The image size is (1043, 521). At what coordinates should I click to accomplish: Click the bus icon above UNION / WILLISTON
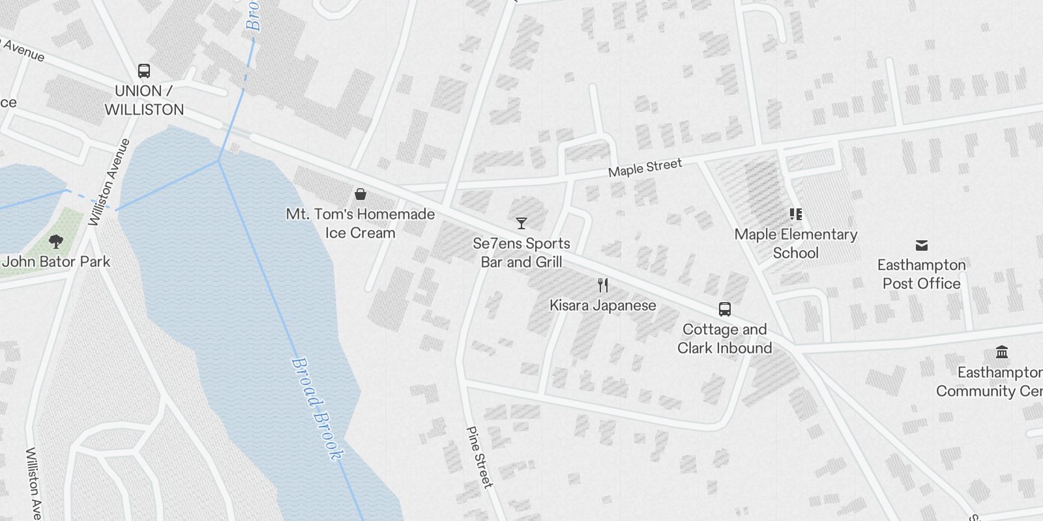point(144,71)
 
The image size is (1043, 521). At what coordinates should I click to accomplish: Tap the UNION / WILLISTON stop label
point(144,100)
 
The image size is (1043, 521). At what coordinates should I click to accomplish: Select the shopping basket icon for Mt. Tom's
point(360,194)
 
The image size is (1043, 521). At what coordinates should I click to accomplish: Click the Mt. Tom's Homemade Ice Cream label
point(360,223)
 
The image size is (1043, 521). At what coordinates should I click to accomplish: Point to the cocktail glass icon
point(521,223)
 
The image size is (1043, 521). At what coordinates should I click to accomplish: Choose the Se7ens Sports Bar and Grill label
point(521,253)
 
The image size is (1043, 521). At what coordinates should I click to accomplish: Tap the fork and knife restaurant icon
point(603,285)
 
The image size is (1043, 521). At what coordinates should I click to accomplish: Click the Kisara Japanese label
point(603,305)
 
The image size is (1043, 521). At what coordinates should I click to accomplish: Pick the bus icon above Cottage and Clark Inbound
point(724,309)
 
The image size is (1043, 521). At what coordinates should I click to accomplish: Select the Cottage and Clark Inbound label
point(724,339)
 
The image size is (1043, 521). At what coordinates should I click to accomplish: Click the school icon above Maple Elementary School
point(795,214)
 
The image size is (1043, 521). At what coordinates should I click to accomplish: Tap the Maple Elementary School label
point(795,244)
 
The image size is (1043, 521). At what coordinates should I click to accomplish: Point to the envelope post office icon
point(922,246)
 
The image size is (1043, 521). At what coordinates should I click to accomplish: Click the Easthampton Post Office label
point(922,274)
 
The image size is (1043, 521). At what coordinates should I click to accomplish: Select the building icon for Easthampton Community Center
point(1002,352)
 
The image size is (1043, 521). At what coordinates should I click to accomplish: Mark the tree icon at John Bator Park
point(56,242)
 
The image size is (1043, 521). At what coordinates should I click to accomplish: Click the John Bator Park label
point(57,262)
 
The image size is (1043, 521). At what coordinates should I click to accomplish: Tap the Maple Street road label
point(645,167)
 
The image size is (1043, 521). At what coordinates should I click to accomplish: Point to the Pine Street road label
point(479,457)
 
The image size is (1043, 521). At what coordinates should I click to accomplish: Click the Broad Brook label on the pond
point(316,408)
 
